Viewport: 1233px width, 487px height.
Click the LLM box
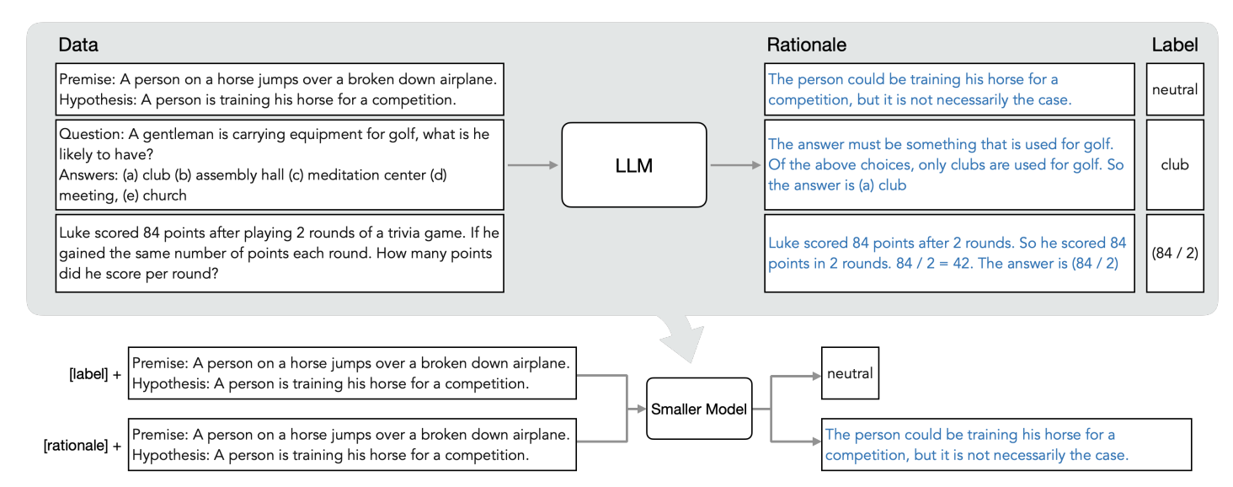point(634,165)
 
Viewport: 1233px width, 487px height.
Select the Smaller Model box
point(699,409)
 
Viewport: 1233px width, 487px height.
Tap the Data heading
point(78,45)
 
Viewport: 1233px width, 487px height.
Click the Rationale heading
point(806,45)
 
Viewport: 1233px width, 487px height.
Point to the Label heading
point(1175,45)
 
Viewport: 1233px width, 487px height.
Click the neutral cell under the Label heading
point(1175,89)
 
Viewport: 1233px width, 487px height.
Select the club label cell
point(1175,165)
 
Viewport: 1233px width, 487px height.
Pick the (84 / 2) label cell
point(1175,253)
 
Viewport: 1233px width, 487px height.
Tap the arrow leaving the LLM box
point(736,165)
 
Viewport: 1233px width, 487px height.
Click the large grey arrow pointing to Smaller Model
point(680,337)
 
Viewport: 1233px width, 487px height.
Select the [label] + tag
point(94,374)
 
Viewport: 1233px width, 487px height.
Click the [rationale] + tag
point(83,445)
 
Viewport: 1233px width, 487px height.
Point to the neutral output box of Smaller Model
point(850,373)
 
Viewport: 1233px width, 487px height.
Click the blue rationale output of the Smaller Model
point(1006,445)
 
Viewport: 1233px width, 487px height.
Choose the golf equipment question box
point(280,165)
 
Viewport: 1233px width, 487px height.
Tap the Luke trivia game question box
point(280,253)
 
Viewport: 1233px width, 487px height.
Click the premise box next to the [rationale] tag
point(352,445)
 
